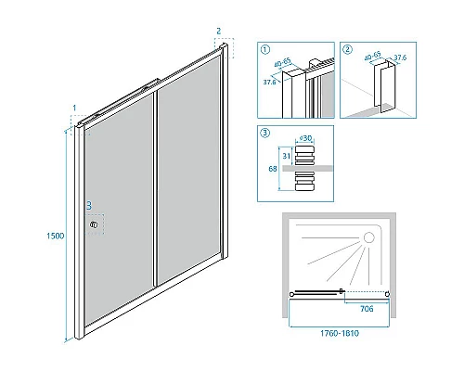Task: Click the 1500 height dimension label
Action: point(56,236)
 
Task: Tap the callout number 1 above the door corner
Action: point(74,108)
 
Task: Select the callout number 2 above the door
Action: point(219,31)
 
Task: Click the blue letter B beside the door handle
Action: point(89,206)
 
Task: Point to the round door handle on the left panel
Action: point(94,224)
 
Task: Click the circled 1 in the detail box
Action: point(265,49)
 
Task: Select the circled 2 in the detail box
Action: point(348,49)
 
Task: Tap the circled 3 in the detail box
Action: point(265,133)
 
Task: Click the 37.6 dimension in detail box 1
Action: point(269,83)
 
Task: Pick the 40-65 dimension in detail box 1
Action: point(283,62)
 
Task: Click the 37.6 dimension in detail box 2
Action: point(400,58)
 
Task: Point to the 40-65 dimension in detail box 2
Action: point(373,57)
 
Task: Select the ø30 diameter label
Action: point(305,138)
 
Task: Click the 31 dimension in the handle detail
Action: point(286,156)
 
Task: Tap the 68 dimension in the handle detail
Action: point(273,169)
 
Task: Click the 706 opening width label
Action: point(367,309)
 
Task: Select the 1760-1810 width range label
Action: point(340,333)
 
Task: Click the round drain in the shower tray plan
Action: point(368,237)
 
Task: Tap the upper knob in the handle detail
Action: point(304,155)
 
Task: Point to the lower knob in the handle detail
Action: point(304,181)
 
